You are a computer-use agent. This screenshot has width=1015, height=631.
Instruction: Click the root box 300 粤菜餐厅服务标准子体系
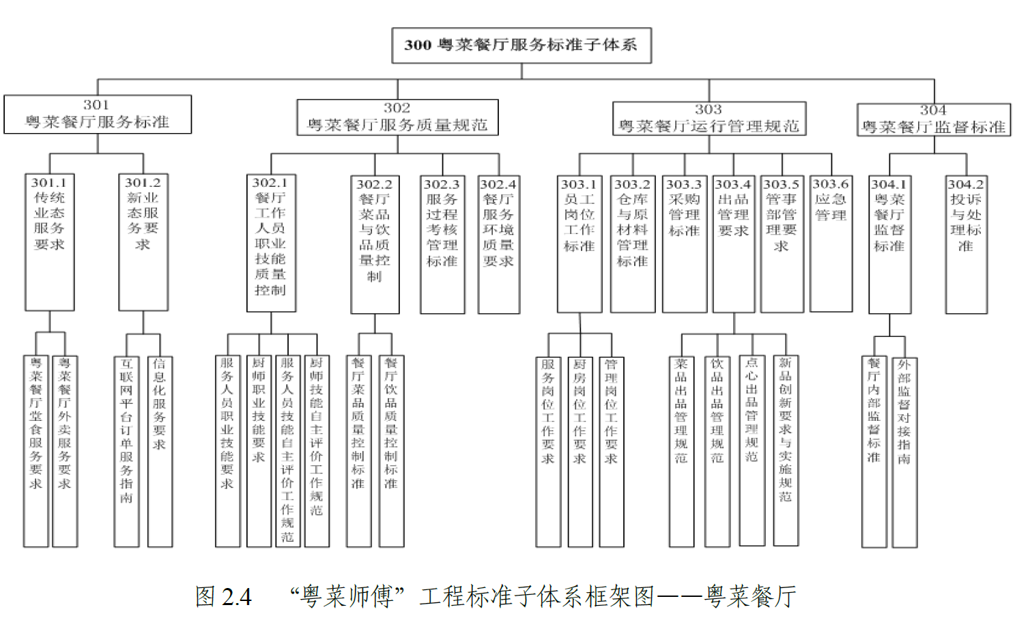[x=521, y=46]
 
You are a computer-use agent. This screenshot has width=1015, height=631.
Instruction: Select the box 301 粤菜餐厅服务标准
[x=98, y=114]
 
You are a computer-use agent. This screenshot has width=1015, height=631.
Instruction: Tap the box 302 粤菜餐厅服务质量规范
[x=397, y=117]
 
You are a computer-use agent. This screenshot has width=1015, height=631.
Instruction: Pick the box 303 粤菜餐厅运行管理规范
[x=709, y=119]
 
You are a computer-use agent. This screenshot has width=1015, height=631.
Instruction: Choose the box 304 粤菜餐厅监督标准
[x=933, y=119]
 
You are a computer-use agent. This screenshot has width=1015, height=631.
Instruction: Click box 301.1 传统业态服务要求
[x=49, y=243]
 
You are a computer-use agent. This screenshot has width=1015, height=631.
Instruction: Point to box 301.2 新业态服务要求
[x=143, y=243]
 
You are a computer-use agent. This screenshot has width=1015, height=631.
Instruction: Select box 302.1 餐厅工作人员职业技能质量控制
[x=271, y=243]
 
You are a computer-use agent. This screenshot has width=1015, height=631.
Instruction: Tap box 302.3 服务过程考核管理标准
[x=442, y=244]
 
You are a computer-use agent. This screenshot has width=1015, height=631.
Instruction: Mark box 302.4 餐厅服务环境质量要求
[x=498, y=244]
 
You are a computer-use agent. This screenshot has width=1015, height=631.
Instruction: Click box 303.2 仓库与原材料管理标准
[x=632, y=244]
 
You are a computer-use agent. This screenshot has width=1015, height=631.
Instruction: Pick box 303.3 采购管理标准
[x=684, y=244]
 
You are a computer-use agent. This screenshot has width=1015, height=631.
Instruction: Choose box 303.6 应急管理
[x=831, y=243]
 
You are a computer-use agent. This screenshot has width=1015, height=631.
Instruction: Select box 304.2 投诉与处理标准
[x=966, y=244]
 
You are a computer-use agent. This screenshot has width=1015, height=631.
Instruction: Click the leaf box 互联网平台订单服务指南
[x=126, y=451]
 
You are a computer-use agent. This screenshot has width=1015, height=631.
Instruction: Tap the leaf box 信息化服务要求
[x=160, y=451]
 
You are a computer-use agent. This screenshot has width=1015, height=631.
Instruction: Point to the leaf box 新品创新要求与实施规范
[x=786, y=450]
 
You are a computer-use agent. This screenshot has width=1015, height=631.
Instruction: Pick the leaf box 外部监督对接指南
[x=904, y=451]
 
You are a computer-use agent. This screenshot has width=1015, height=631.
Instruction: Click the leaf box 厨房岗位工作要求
[x=580, y=451]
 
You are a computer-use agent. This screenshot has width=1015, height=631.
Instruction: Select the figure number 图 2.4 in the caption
[x=223, y=597]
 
